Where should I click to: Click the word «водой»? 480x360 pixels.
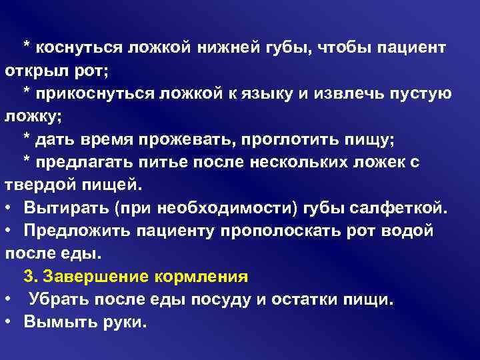(409, 230)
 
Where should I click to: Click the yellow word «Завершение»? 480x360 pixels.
(93, 276)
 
